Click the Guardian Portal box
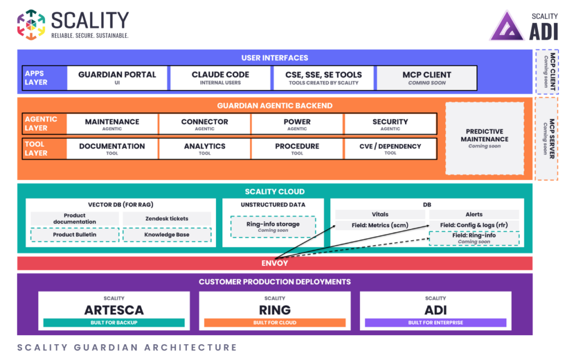pos(117,78)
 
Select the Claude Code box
pos(220,78)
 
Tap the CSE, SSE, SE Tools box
pos(323,78)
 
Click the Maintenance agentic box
pos(112,124)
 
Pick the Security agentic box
pos(390,124)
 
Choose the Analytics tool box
pos(205,148)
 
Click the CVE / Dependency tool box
pos(390,148)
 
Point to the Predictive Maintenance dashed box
pos(484,138)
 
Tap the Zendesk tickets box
pos(166,219)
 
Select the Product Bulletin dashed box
pos(75,235)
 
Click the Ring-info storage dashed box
pos(273,227)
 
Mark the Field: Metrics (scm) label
pos(380,225)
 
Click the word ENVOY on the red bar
pos(274,263)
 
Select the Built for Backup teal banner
pos(114,322)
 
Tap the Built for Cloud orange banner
pos(274,322)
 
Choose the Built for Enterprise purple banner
pos(436,322)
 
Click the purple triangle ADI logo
pos(507,26)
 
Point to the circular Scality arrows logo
pos(31,25)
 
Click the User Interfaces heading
pos(274,58)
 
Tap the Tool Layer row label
pos(36,148)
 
